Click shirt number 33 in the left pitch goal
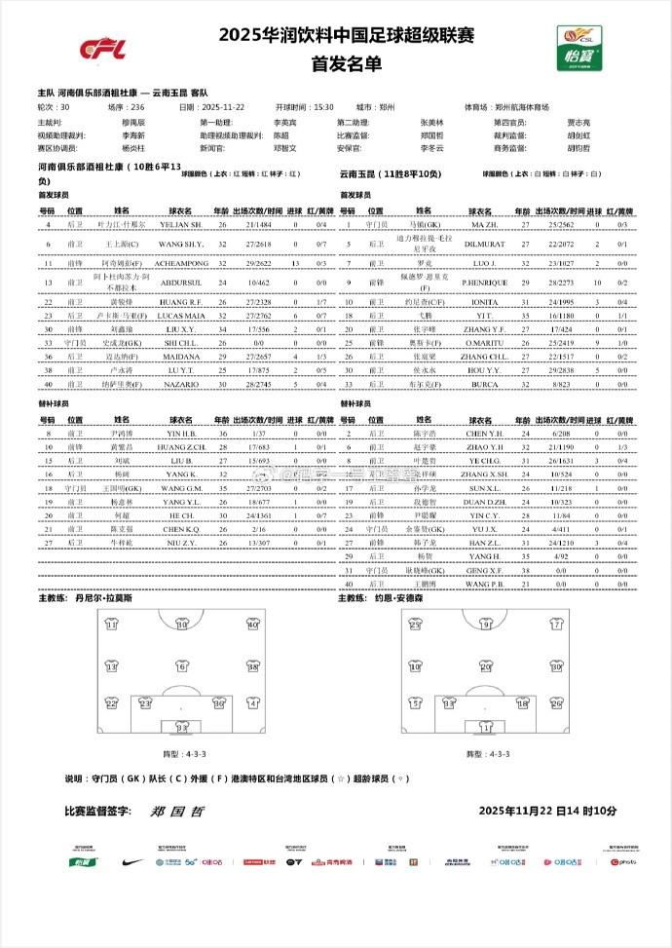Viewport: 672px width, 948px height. pos(181,726)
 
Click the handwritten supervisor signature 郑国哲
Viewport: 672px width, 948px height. pos(171,811)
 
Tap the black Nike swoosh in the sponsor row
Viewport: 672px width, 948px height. pos(133,861)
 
